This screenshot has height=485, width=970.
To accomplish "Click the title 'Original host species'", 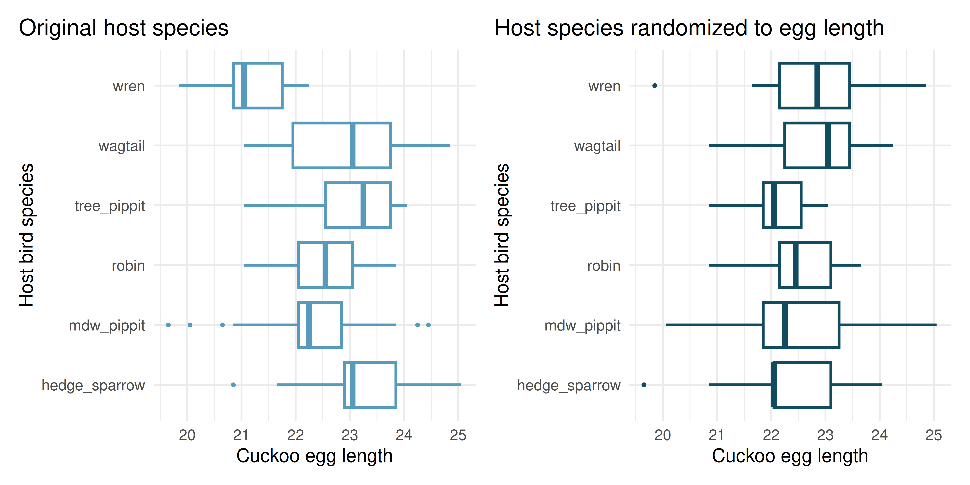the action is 124,28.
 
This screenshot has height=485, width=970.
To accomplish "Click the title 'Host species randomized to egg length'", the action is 689,28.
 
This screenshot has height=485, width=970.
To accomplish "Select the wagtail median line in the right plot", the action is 828,145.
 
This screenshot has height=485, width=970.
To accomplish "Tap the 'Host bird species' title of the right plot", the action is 502,235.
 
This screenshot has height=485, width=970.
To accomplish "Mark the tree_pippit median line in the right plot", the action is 774,205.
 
